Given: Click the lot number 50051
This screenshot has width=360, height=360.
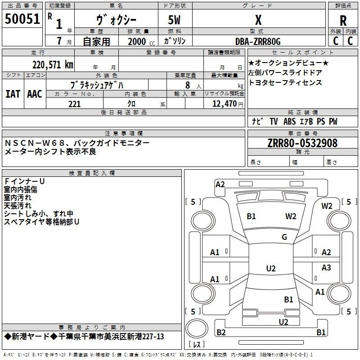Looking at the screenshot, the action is click(22, 19).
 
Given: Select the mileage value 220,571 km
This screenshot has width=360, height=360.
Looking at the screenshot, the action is click(53, 65).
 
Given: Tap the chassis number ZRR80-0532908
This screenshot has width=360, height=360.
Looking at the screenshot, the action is click(302, 143).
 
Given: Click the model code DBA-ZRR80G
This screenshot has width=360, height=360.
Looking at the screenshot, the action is click(258, 41).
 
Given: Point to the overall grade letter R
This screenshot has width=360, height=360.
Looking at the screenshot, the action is click(343, 21).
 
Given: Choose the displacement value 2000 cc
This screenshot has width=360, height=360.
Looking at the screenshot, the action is click(141, 41).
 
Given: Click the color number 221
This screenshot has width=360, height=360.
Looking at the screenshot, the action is click(74, 104).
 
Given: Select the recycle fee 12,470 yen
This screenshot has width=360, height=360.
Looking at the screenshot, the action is click(228, 104).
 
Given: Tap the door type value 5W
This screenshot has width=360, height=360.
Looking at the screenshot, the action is click(174, 20).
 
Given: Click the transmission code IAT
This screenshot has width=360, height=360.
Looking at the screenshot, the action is click(13, 94).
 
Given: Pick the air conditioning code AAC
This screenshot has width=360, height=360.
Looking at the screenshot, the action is click(35, 94).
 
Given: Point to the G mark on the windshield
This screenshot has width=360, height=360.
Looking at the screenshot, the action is click(284, 237).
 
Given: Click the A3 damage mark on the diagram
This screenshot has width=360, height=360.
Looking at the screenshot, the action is click(326, 267).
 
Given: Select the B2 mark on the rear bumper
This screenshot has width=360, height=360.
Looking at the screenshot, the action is click(221, 332).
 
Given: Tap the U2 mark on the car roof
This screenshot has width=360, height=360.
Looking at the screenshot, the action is click(271, 268).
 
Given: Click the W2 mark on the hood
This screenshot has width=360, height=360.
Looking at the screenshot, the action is click(291, 216).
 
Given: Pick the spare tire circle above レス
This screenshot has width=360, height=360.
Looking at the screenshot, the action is click(197, 328).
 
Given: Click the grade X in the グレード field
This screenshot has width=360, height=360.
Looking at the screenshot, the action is click(258, 20).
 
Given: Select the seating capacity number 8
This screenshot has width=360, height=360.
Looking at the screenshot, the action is click(188, 85).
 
